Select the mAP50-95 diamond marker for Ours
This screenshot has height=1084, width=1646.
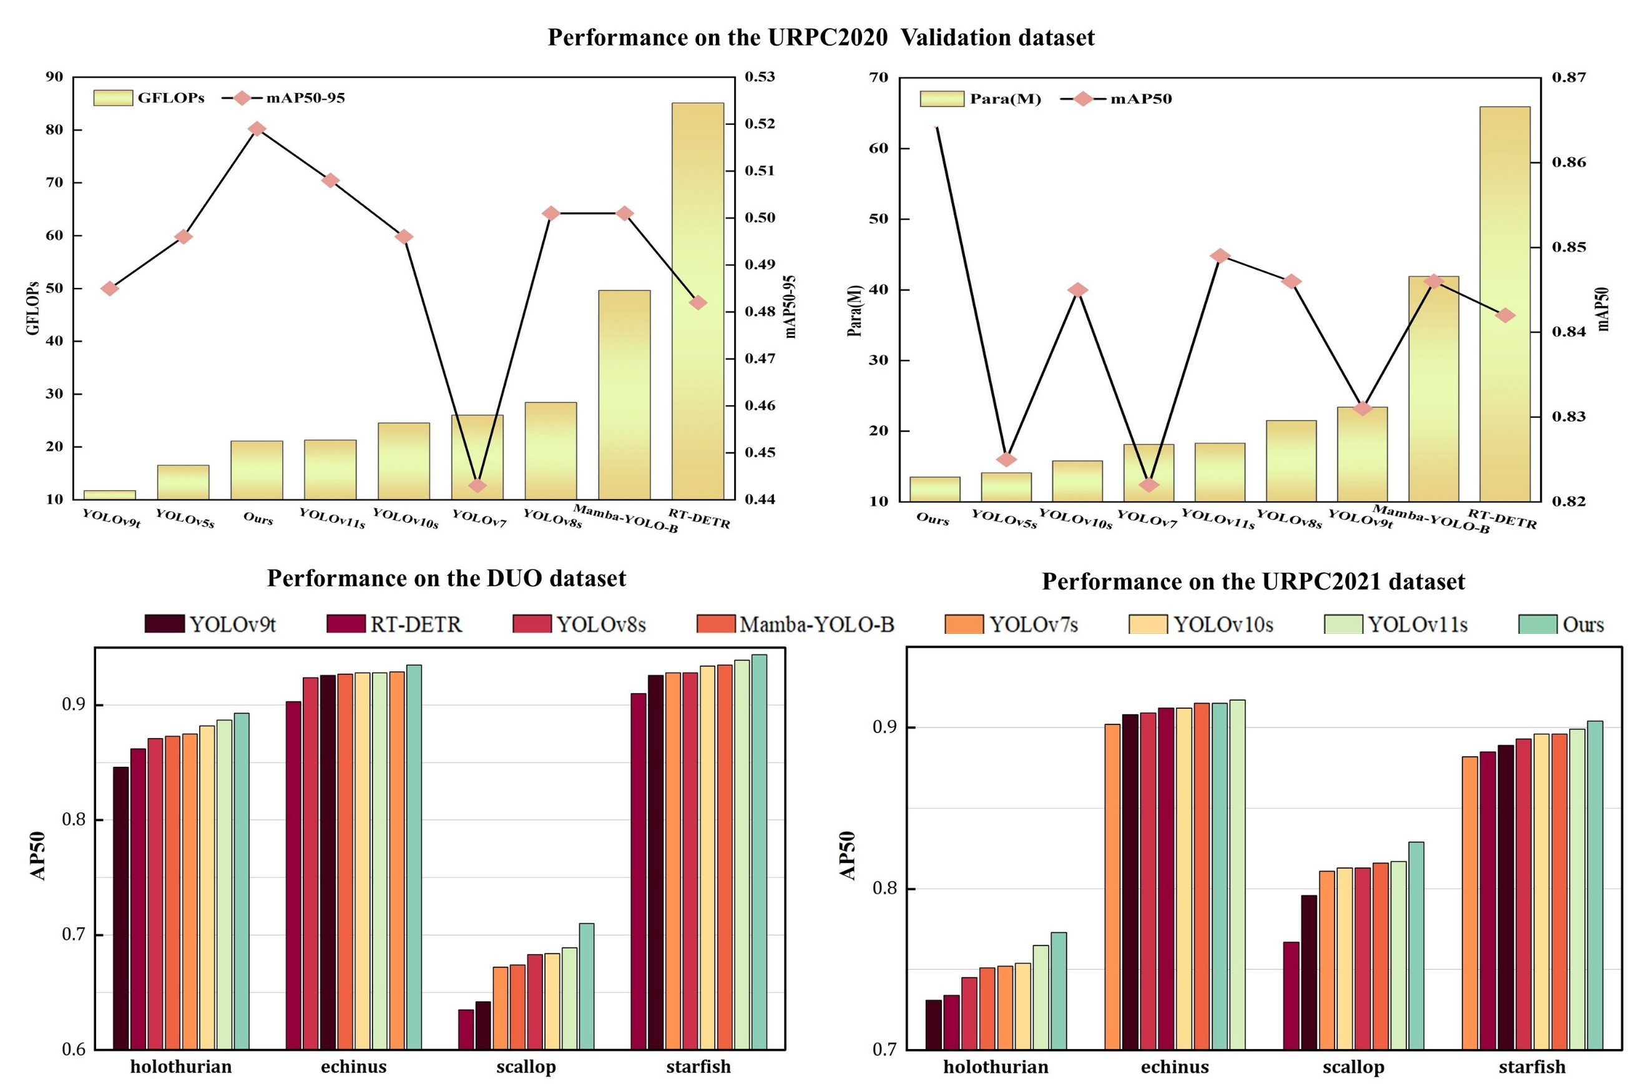click(257, 129)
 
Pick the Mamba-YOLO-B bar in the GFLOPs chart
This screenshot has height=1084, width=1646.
click(624, 394)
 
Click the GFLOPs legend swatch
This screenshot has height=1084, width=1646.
click(113, 97)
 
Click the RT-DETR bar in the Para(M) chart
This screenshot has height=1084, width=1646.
click(1504, 303)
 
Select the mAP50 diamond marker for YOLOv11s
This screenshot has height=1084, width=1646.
click(1221, 256)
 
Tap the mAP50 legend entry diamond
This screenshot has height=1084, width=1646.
click(1083, 99)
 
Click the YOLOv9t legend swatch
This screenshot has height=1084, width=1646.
click(165, 623)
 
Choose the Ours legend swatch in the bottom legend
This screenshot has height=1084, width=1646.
click(1537, 624)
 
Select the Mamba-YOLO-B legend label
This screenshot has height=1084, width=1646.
click(816, 624)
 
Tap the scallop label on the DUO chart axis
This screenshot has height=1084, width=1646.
click(526, 1066)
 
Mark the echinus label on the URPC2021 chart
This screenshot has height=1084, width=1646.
click(1174, 1067)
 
